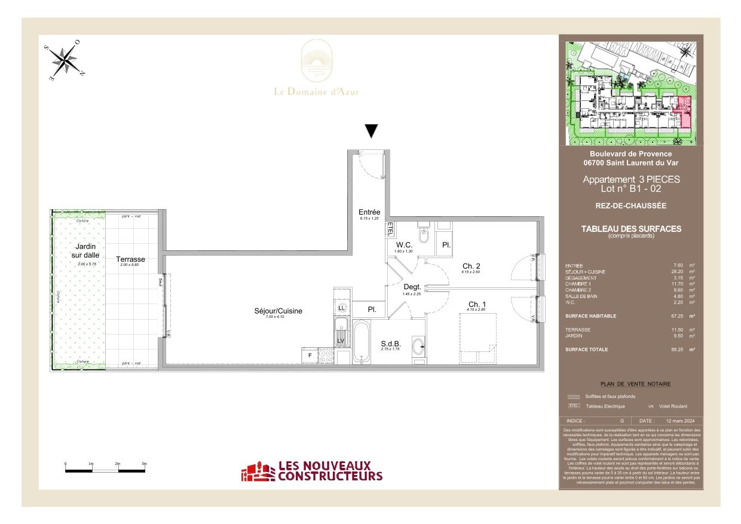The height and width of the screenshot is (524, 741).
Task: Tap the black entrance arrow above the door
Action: [372, 131]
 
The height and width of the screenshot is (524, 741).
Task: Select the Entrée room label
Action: [369, 212]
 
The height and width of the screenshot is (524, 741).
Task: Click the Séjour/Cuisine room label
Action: [278, 311]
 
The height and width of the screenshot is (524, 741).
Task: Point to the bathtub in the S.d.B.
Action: [360, 341]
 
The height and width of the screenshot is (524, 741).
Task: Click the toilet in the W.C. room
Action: [424, 236]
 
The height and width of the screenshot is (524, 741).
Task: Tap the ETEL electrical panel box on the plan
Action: [390, 229]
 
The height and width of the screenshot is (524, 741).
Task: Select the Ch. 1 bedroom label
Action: [476, 305]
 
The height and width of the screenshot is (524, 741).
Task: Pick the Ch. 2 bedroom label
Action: [471, 266]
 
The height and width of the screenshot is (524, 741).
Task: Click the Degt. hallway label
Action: [412, 287]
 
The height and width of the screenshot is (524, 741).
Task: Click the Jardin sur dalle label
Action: [86, 251]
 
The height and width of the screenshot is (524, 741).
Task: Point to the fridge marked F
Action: [310, 356]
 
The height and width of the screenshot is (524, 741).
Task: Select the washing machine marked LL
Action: [342, 308]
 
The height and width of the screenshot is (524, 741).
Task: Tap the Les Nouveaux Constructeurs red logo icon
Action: [258, 471]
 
